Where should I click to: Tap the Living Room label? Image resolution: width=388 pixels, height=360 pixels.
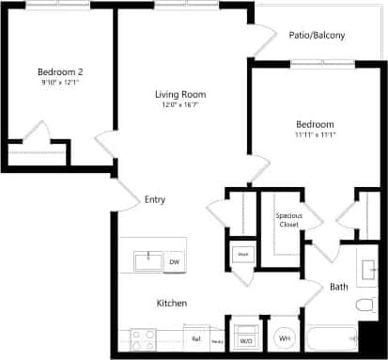pos(180,95)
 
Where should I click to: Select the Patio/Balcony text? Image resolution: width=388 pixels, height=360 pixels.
pos(317,36)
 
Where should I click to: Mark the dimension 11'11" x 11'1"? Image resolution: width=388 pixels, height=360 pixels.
pos(315,135)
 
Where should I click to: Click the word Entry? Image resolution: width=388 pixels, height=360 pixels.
pos(155,199)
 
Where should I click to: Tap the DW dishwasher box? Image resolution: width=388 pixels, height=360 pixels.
pos(174,262)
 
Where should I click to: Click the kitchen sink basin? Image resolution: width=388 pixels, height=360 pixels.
pos(147,260)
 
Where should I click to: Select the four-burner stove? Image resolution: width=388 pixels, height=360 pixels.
pos(143,337)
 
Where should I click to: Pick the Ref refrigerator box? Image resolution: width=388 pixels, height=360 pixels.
pos(196,338)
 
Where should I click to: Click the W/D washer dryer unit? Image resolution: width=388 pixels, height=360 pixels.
pos(246,338)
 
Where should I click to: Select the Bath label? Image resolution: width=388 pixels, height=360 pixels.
pos(339,287)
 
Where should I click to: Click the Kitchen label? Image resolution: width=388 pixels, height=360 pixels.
pos(172,303)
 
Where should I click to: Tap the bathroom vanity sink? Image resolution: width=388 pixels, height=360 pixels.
pos(368,262)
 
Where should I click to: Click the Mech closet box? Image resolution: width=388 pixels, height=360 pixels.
pos(242,255)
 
